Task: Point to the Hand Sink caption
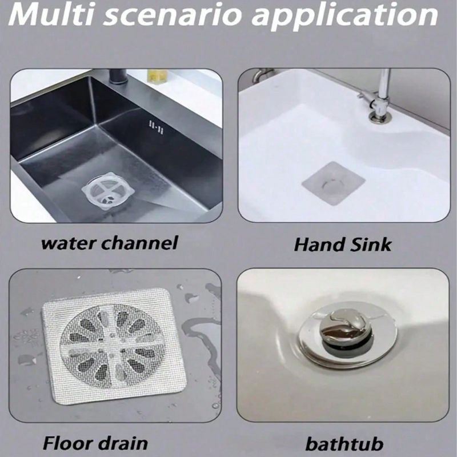tap(343, 244)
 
